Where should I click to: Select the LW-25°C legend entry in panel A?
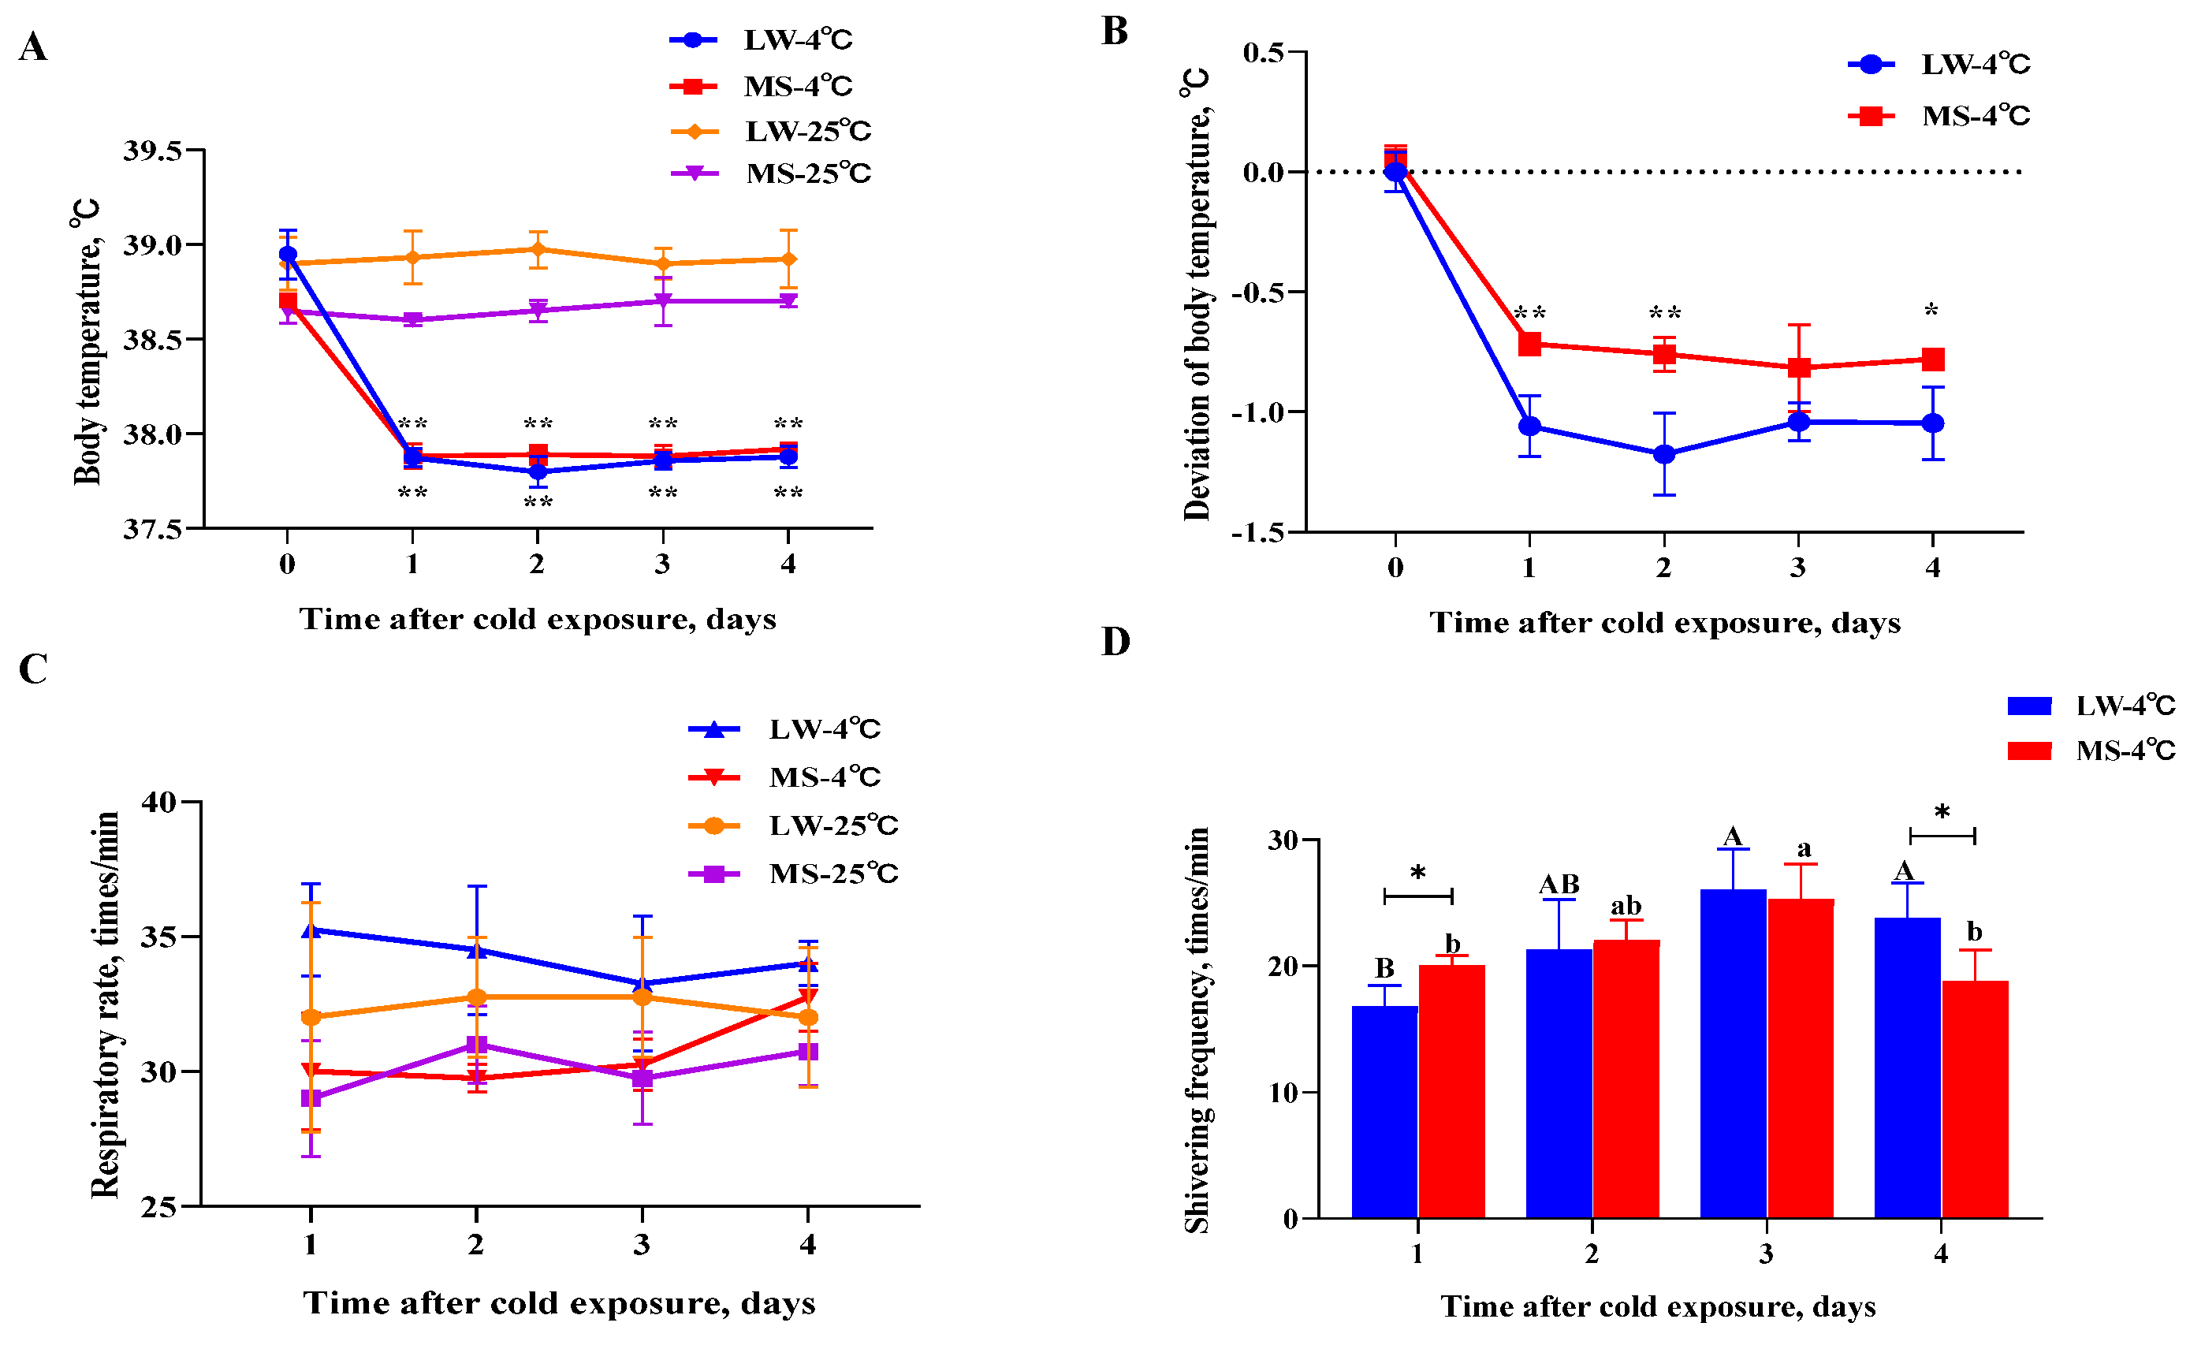pyautogui.click(x=770, y=132)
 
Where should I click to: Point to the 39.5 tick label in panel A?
pyautogui.click(x=152, y=151)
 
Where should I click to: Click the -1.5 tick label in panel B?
pyautogui.click(x=1257, y=532)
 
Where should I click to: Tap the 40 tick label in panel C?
pyautogui.click(x=159, y=803)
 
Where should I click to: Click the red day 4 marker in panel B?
pyautogui.click(x=1932, y=360)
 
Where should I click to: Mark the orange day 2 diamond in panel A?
pyautogui.click(x=538, y=249)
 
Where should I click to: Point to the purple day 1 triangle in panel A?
pyautogui.click(x=412, y=320)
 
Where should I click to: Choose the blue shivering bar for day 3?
pyautogui.click(x=1732, y=1053)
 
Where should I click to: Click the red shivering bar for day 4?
pyautogui.click(x=1975, y=1100)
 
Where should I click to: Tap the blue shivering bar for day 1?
pyautogui.click(x=1384, y=1112)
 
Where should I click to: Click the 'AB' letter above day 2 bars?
pyautogui.click(x=1559, y=885)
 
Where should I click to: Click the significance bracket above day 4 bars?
pyautogui.click(x=1942, y=835)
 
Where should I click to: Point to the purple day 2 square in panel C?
pyautogui.click(x=476, y=1045)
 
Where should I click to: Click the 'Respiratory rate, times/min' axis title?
pyautogui.click(x=105, y=1004)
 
